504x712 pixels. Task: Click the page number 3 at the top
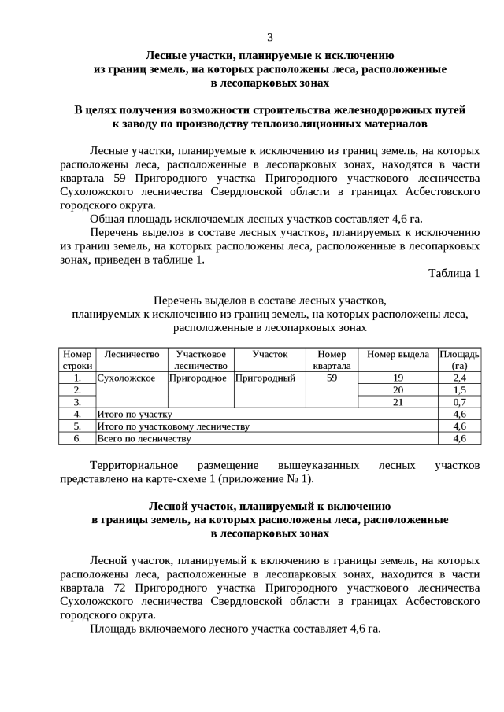click(270, 37)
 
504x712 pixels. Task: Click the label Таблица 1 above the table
click(454, 273)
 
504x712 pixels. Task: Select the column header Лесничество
click(132, 355)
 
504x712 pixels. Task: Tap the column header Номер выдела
click(398, 355)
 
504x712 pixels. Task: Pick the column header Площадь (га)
click(459, 360)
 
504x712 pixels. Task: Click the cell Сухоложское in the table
click(125, 378)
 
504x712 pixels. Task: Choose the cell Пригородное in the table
click(201, 378)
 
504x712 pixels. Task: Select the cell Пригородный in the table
click(265, 378)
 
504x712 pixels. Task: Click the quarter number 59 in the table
click(332, 378)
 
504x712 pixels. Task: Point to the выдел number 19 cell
click(398, 378)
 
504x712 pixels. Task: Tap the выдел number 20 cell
click(398, 389)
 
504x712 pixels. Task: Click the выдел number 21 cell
click(398, 401)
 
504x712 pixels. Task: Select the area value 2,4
click(460, 378)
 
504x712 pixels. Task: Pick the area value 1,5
click(460, 389)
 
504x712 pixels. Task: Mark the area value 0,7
click(460, 401)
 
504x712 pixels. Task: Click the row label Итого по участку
click(134, 414)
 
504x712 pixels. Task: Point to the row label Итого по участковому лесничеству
click(172, 426)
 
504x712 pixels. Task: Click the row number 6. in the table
click(77, 438)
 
